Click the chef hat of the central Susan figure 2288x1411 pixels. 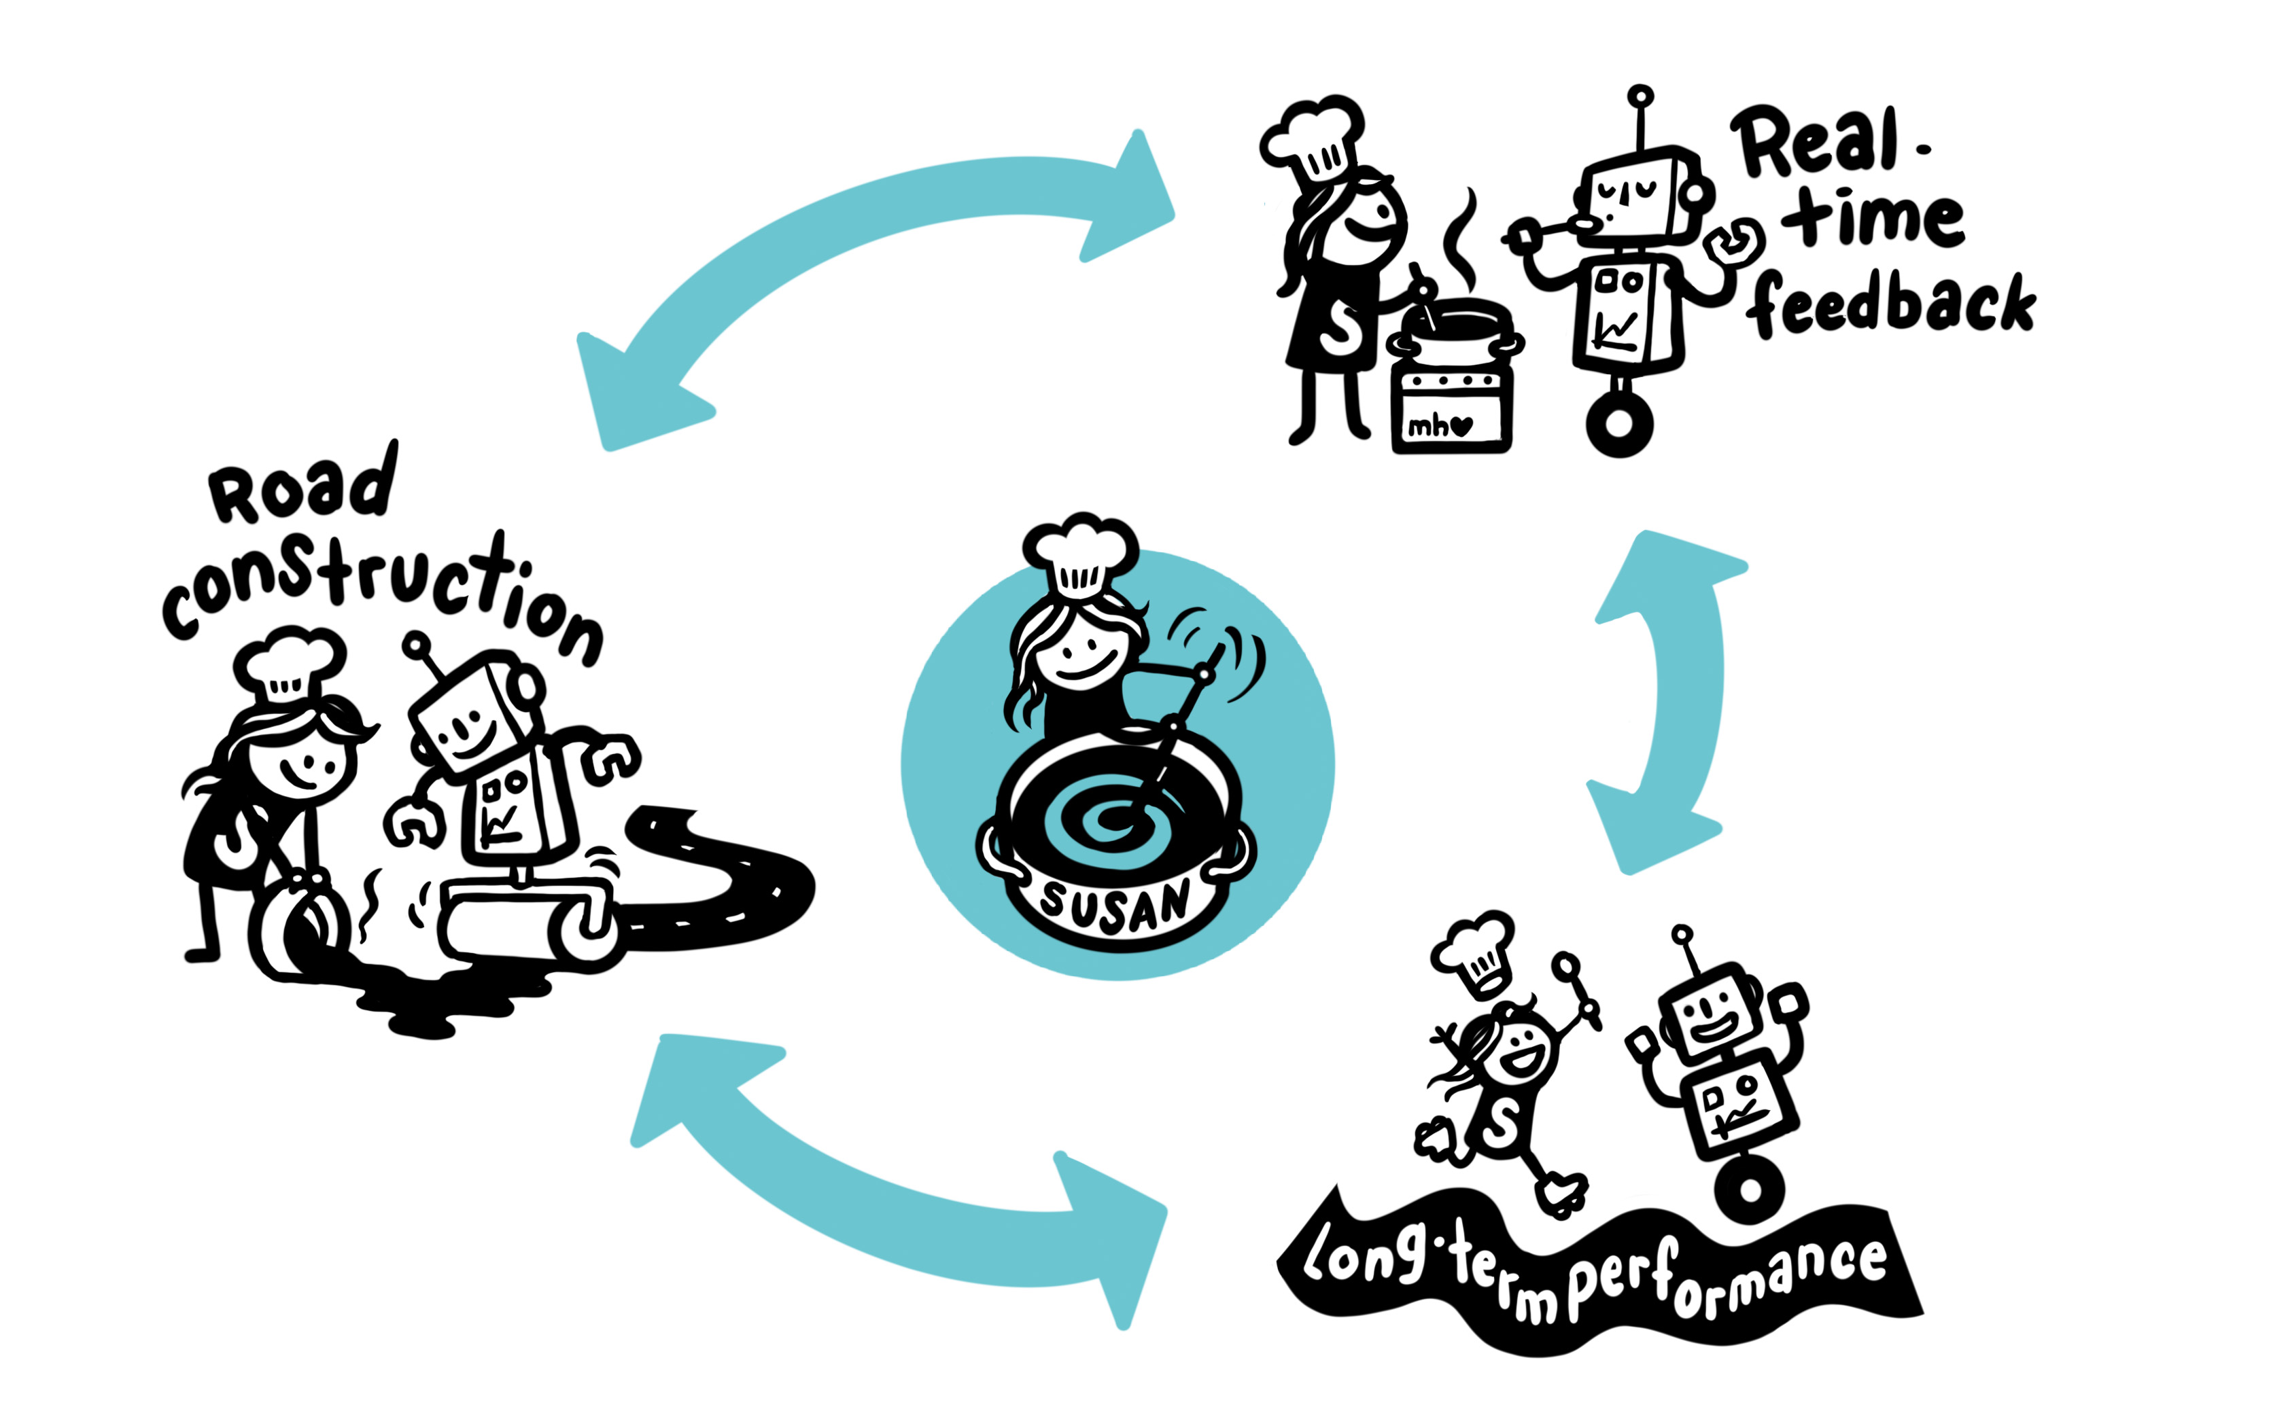[1080, 555]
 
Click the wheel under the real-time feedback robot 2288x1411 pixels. [1620, 425]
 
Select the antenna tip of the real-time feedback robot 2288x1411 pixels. [1640, 96]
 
